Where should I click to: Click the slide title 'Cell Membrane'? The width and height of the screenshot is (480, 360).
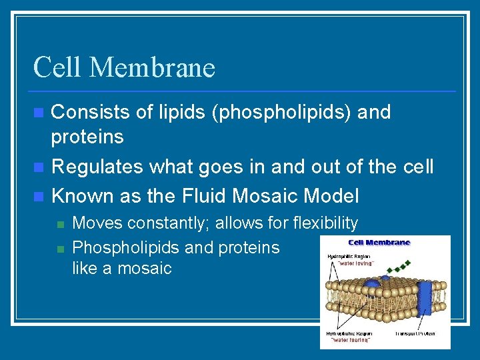tap(124, 67)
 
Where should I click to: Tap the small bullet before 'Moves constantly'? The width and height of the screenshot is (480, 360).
tap(60, 224)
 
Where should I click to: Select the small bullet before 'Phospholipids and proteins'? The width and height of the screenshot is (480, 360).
tap(60, 248)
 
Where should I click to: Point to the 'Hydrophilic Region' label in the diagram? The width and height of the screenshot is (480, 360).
tap(349, 255)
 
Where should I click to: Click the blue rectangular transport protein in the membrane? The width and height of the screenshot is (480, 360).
tap(424, 296)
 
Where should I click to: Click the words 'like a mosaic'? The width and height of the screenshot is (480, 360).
tap(121, 269)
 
